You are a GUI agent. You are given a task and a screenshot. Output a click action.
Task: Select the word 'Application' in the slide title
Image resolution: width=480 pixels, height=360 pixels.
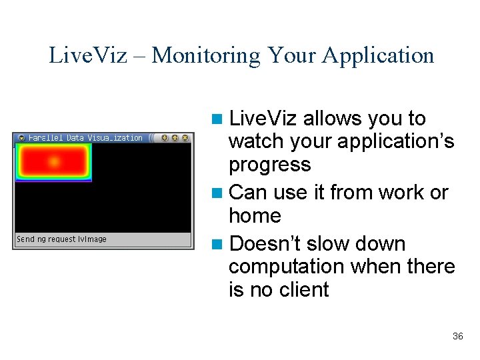[x=378, y=55]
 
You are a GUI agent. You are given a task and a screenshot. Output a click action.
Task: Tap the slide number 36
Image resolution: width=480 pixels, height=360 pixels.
[x=457, y=337]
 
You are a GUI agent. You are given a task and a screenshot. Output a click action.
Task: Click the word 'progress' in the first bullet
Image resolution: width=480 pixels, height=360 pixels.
[x=269, y=165]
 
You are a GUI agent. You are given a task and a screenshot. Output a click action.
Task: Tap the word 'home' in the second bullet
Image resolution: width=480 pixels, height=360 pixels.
[x=255, y=216]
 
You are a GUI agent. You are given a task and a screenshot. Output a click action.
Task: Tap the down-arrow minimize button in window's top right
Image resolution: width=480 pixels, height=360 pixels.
[x=164, y=138]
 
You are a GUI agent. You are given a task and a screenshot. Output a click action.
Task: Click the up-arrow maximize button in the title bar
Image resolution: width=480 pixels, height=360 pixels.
[x=175, y=138]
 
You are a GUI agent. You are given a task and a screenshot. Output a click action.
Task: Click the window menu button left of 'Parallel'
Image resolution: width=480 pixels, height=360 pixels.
[x=21, y=138]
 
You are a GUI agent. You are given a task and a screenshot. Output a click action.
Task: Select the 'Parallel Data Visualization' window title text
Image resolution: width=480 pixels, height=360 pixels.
[x=85, y=138]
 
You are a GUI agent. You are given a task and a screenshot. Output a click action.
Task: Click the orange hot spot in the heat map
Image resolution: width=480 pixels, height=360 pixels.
[x=54, y=161]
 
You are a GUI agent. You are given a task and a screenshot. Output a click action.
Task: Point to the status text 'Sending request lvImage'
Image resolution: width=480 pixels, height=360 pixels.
[x=61, y=239]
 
